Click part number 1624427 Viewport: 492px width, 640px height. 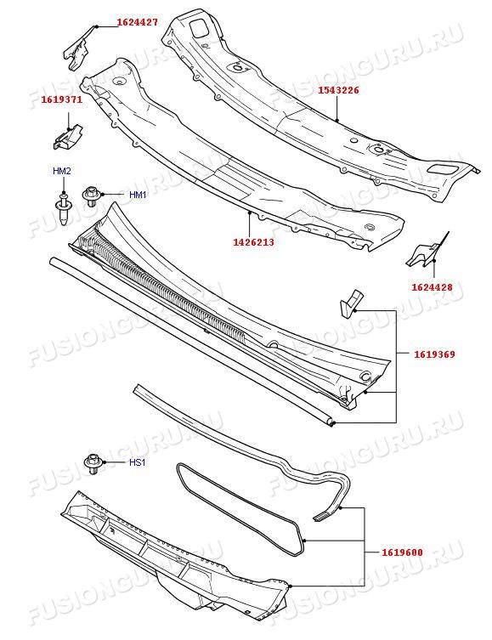pos(138,22)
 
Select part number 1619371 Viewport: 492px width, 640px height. pos(61,99)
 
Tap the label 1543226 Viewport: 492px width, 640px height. pos(338,90)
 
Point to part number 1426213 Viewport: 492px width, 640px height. pos(253,242)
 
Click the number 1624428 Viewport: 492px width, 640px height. pos(432,287)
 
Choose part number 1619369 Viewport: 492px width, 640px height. pos(434,354)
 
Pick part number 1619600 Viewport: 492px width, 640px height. pos(402,552)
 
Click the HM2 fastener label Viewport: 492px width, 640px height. pos(61,171)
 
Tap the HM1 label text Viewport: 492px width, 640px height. pos(138,195)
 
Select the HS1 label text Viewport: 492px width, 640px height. pos(137,462)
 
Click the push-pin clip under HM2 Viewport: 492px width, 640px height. pos(63,209)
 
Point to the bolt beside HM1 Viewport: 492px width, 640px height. pos(91,196)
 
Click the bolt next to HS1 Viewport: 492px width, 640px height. pos(93,464)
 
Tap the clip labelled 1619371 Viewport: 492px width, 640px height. pos(67,137)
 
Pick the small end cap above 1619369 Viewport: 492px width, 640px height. pos(350,303)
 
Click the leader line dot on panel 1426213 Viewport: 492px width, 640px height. pos(249,212)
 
